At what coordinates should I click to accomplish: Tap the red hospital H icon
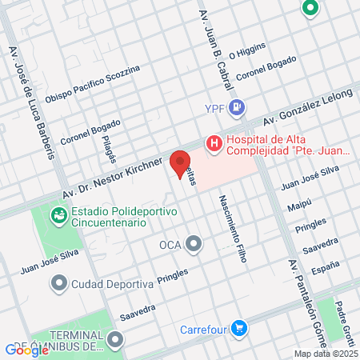(214, 144)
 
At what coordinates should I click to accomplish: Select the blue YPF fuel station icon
(236, 107)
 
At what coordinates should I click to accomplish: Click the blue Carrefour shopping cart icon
(238, 327)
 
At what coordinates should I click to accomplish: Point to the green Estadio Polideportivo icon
(58, 215)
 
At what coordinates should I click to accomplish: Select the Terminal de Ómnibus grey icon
(116, 340)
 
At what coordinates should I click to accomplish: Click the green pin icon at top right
(310, 9)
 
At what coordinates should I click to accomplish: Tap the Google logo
(26, 350)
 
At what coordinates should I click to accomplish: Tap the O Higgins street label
(246, 51)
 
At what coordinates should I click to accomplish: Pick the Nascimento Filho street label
(230, 233)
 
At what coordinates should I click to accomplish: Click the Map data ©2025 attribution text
(325, 354)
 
